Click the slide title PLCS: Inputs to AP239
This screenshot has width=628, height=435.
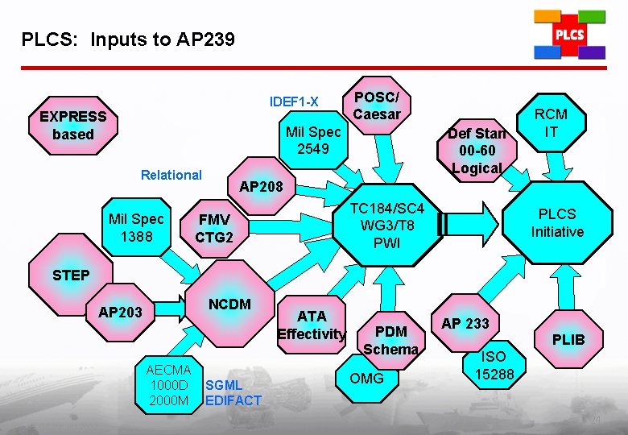coord(128,39)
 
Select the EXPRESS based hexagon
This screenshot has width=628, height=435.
coord(72,126)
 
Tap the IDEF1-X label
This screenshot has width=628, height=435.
coord(294,101)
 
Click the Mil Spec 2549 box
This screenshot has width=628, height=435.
coord(314,139)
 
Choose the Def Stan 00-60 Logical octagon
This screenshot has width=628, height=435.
coord(477,150)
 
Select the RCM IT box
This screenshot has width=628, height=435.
coord(551,122)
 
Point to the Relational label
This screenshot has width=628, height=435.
coord(171,175)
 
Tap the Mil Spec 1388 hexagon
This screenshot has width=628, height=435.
coord(136,228)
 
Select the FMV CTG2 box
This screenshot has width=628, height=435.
coord(214,228)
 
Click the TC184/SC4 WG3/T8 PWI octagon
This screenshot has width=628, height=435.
coord(387,226)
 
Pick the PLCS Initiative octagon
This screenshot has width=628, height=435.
coord(556,222)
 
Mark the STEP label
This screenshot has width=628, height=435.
coord(71,275)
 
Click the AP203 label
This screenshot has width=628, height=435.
coord(120,312)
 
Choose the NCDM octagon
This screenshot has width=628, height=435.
coord(229,304)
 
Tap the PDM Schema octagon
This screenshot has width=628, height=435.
coord(390,340)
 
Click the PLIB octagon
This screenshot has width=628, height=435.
coord(568,339)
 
